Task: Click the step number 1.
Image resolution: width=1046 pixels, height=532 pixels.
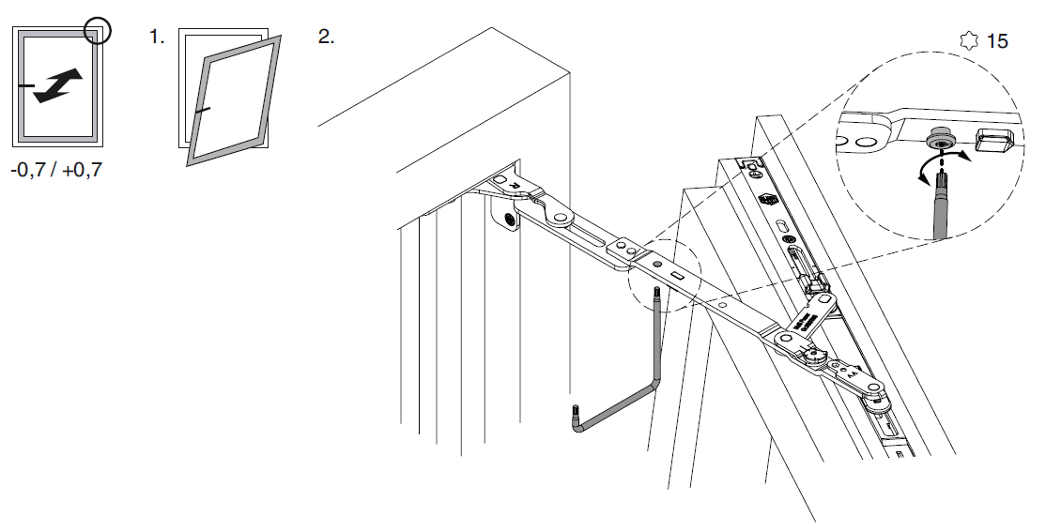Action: tap(156, 37)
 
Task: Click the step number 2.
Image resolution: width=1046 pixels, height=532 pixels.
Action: tap(326, 37)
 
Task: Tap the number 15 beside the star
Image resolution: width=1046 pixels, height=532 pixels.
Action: tap(996, 41)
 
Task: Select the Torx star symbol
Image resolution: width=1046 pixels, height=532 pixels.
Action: tap(969, 40)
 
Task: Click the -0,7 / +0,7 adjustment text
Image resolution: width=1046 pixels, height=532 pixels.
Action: tap(56, 170)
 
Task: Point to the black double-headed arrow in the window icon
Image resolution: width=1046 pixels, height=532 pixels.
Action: tap(58, 86)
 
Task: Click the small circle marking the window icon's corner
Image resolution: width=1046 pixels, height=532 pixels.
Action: tap(98, 31)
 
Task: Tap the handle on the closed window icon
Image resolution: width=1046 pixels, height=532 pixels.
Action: tap(26, 86)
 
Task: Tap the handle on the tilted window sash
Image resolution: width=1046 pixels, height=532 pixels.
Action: tap(203, 110)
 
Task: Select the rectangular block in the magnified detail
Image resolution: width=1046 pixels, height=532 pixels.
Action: tap(995, 139)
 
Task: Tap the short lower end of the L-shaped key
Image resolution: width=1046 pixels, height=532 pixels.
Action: tap(575, 417)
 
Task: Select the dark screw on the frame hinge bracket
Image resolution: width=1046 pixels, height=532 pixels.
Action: tap(511, 220)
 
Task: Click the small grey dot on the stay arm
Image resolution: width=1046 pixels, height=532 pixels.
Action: tap(658, 264)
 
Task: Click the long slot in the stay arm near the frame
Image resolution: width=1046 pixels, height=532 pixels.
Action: tap(579, 231)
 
